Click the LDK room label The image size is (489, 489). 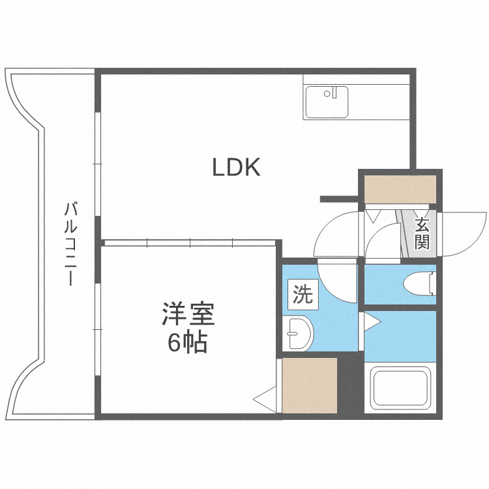[236, 168]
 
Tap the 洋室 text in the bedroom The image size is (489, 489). [188, 314]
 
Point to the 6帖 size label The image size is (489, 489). [187, 342]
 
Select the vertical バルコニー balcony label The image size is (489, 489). [70, 244]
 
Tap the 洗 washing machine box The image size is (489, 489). [303, 295]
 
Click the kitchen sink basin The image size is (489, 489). [327, 102]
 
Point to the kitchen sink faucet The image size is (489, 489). [334, 93]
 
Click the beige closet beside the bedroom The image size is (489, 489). [310, 385]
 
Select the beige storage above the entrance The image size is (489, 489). [400, 190]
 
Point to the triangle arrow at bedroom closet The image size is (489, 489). [265, 399]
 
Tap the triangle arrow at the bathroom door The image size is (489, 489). [372, 321]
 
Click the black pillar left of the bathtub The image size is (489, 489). [351, 385]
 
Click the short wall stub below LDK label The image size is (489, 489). [339, 200]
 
